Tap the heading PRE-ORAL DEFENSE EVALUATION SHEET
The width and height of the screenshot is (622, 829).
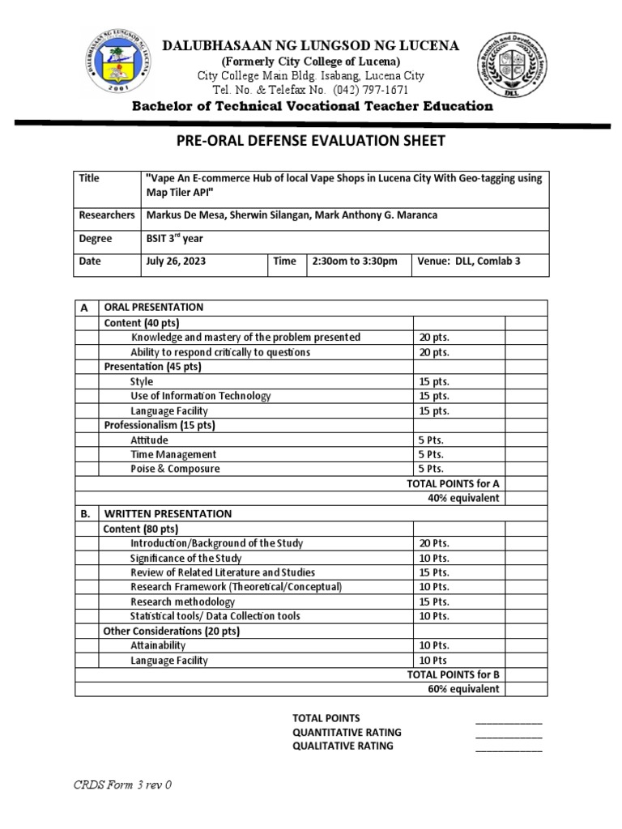click(310, 142)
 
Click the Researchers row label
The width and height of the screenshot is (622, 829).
click(106, 215)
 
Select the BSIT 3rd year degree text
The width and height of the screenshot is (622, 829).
click(175, 239)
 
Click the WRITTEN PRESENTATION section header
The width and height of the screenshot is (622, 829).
click(167, 513)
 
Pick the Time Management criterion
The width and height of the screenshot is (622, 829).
click(173, 454)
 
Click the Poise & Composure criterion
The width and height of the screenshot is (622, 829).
click(175, 469)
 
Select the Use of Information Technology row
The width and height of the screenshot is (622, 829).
click(201, 396)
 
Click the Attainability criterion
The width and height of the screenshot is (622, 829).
click(158, 645)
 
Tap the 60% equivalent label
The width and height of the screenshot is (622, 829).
click(463, 689)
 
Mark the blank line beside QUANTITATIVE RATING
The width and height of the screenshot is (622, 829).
click(508, 733)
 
